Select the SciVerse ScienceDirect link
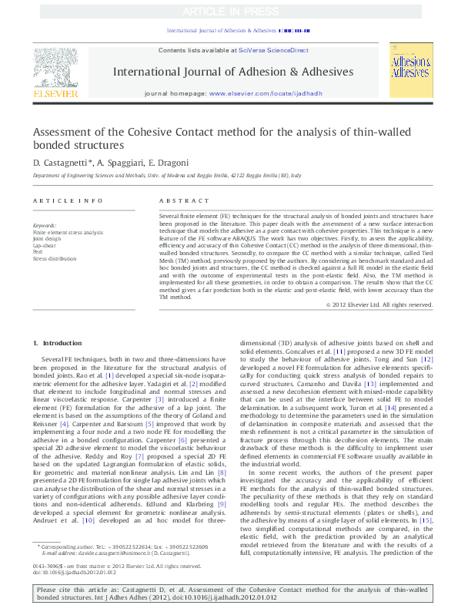point(273,50)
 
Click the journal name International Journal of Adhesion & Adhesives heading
point(233,72)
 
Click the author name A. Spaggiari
point(118,163)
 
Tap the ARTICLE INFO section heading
point(68,200)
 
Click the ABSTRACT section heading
point(174,200)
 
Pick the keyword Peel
point(38,251)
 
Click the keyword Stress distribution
point(55,257)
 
